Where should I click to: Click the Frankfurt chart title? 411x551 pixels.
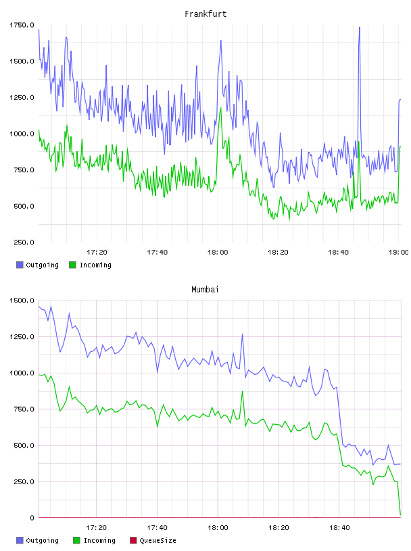coord(205,14)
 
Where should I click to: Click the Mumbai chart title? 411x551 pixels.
coord(205,290)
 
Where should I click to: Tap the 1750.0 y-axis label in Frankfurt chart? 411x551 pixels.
coord(22,25)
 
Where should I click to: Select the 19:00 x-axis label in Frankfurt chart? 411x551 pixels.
coord(399,253)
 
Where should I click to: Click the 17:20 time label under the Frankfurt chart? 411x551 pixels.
coord(97,253)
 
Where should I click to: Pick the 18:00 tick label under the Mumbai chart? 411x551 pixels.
coord(218,528)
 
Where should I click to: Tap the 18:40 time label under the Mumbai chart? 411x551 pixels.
coord(339,528)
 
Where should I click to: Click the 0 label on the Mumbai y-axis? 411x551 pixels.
coord(32,518)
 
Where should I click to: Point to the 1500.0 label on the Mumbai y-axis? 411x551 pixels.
coord(22,300)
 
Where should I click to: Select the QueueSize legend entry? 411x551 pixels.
coord(158,540)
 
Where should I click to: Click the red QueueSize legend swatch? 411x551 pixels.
coord(133,540)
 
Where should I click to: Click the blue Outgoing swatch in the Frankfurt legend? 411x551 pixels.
coord(20,265)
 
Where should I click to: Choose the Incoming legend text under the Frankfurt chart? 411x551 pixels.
coord(95,265)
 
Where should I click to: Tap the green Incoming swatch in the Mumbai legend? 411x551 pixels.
coord(76,540)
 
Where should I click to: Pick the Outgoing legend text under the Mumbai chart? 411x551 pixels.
coord(42,540)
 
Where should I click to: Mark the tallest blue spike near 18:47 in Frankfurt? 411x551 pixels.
coord(359,28)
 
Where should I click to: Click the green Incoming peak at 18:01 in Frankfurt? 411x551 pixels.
coord(221,108)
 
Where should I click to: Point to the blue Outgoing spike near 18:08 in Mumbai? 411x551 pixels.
coord(243,334)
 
